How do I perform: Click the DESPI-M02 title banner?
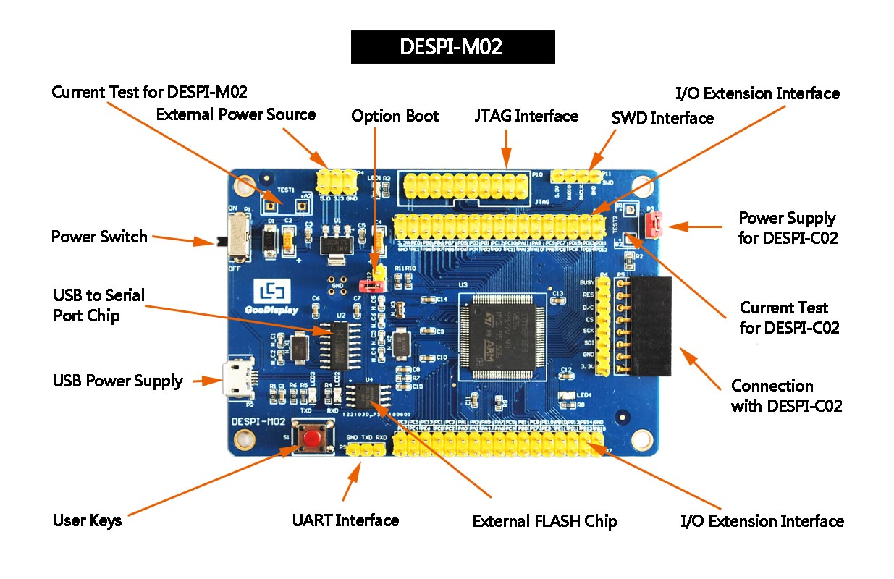tap(452, 47)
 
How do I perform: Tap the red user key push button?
tap(313, 439)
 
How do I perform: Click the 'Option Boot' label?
tap(395, 116)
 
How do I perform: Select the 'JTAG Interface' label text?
tap(526, 116)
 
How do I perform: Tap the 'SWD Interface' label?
tap(662, 118)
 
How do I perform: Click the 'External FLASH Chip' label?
tap(544, 521)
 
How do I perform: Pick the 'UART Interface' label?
tap(345, 520)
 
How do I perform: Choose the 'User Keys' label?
tap(87, 520)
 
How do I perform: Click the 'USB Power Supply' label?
tap(117, 381)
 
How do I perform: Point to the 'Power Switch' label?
tap(98, 237)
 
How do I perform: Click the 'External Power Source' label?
tap(236, 114)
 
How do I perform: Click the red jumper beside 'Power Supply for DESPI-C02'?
tap(653, 226)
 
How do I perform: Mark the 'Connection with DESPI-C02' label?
tap(786, 395)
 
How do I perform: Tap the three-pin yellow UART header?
tap(366, 450)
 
